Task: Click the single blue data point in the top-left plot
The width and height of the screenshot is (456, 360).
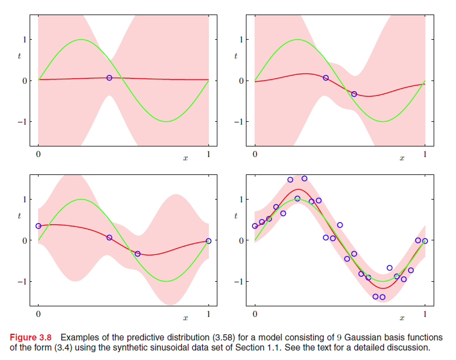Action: point(110,78)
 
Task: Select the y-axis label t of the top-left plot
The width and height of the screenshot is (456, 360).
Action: point(20,56)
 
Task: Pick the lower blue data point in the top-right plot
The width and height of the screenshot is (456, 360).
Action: point(354,94)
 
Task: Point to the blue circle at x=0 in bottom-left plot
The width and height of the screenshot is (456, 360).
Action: point(38,226)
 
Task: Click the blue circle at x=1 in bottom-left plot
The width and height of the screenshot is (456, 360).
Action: point(208,241)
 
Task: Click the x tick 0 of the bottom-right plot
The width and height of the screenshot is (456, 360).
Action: point(255,314)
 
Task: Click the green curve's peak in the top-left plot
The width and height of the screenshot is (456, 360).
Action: point(82,40)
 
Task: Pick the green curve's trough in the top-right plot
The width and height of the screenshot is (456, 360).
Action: point(383,121)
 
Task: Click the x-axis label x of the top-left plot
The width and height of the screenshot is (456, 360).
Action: point(186,159)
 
